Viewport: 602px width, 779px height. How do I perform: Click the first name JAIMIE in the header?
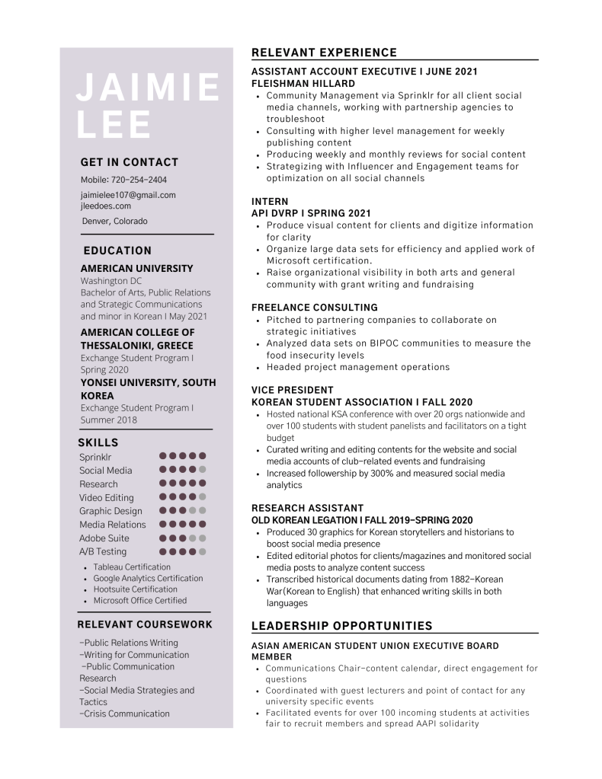[148, 88]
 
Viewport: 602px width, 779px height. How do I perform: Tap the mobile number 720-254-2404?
[141, 180]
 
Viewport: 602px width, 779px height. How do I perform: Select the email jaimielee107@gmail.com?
[128, 195]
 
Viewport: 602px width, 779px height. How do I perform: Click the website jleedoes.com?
[106, 206]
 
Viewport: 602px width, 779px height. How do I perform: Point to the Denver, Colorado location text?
[115, 221]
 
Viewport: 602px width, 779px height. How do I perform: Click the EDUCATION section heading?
[117, 251]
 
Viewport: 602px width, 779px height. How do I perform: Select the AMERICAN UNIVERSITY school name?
[136, 268]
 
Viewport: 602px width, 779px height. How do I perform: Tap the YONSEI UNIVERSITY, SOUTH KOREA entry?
[148, 389]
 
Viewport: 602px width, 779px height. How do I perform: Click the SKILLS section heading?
[98, 442]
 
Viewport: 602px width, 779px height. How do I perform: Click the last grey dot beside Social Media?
[203, 470]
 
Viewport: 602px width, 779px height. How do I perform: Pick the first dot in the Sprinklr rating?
[163, 456]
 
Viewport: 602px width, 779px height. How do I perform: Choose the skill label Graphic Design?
[110, 511]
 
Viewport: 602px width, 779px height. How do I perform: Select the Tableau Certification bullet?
[132, 567]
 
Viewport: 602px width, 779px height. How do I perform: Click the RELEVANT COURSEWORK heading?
[145, 624]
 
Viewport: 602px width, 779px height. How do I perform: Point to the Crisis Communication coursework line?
[125, 714]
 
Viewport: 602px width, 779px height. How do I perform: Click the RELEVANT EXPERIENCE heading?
[324, 53]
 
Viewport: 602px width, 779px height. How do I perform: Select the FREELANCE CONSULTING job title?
[314, 308]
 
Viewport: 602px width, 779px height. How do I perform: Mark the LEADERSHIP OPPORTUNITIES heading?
[341, 626]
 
